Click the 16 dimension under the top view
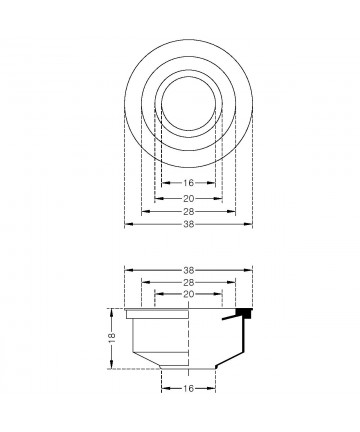[x=188, y=183]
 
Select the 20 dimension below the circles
[x=188, y=199]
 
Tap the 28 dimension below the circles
[x=189, y=211]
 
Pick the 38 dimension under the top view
[x=189, y=224]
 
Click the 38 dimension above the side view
[x=189, y=270]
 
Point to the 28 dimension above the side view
[x=189, y=283]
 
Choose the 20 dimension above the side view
[x=189, y=294]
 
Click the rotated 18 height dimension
[x=112, y=337]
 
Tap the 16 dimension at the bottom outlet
[x=188, y=388]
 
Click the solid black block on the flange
[x=244, y=313]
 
